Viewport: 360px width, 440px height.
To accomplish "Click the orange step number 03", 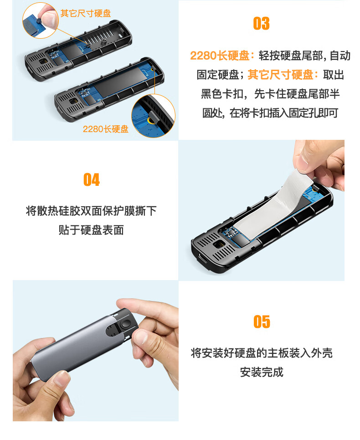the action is click(261, 24).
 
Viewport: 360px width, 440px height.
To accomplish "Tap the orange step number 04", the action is click(92, 179).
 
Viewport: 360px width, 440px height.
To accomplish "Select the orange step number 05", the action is click(262, 322).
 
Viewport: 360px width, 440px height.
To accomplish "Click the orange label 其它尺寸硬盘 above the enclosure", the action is click(86, 13).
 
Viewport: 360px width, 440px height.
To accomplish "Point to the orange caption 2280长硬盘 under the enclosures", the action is click(106, 129).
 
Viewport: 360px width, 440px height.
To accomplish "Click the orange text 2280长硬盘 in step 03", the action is click(220, 56).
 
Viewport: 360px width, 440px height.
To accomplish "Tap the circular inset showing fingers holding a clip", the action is click(41, 20).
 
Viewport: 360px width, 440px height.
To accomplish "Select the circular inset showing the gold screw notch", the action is click(153, 116).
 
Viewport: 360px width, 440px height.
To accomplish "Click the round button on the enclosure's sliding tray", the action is click(125, 324).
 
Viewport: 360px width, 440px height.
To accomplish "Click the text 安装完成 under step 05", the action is click(262, 372).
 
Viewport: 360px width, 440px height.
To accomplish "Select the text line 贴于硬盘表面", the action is click(91, 230).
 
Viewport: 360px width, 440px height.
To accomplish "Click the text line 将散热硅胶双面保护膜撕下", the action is click(91, 211).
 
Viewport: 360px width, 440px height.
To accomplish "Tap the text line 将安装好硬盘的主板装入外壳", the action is click(262, 353).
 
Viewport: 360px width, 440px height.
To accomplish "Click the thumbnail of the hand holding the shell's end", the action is click(96, 351).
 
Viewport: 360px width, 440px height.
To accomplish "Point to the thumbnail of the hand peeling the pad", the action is click(262, 210).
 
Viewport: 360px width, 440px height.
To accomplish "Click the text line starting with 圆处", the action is click(270, 113).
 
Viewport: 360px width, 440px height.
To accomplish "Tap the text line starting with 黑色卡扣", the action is click(270, 94).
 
